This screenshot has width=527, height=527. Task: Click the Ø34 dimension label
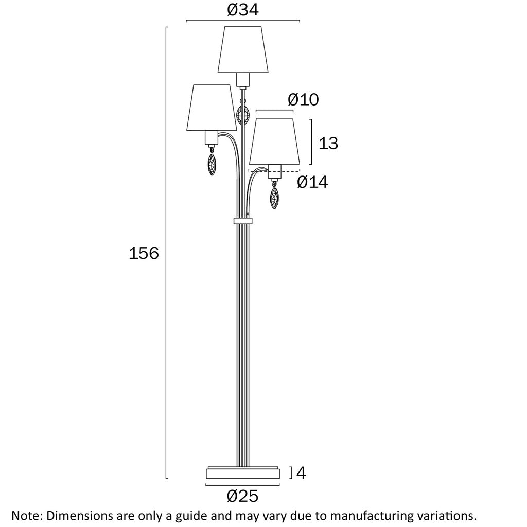point(243,10)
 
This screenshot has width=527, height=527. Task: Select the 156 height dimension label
point(144,253)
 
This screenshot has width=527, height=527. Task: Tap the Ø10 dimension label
point(303,99)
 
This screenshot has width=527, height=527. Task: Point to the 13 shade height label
point(328,143)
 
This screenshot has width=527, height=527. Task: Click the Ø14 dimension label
point(312,182)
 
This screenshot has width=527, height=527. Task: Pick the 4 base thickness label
point(301,473)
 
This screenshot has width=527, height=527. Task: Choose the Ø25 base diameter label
point(243,496)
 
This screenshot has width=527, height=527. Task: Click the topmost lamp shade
point(243,49)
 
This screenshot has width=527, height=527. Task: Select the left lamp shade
point(212,108)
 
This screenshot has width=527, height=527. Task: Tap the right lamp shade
point(274,142)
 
